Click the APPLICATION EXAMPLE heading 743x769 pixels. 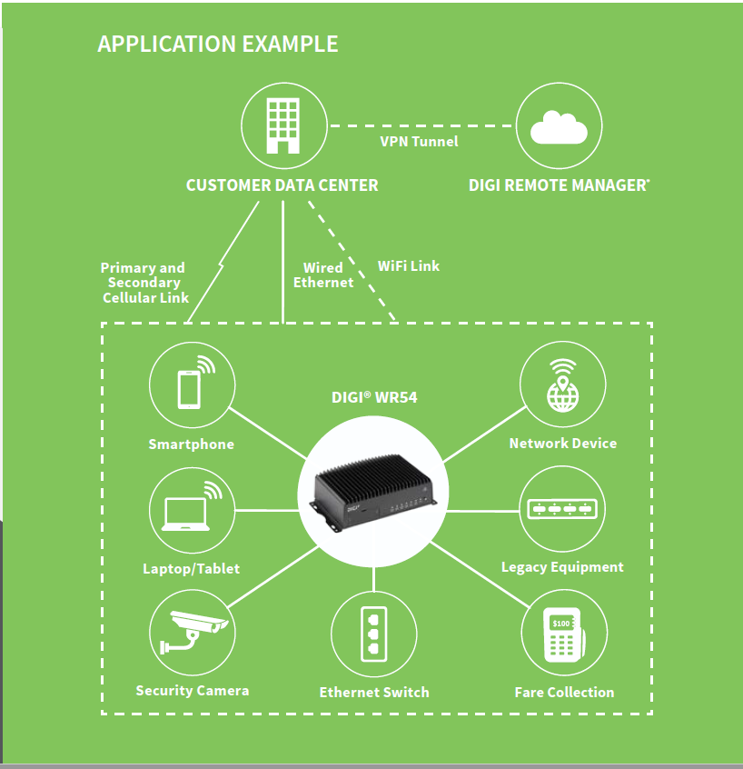tap(217, 44)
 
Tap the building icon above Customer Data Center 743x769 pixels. tap(282, 127)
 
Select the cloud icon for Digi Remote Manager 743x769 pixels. tap(559, 128)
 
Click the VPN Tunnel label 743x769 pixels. tap(419, 141)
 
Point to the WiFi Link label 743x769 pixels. tap(408, 265)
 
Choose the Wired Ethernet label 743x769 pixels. tap(322, 275)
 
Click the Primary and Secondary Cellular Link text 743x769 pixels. tap(144, 283)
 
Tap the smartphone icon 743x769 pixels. tap(191, 385)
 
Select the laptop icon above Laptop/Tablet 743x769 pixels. tap(191, 511)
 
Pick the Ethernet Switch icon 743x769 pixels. tap(373, 634)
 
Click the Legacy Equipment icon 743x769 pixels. tap(562, 509)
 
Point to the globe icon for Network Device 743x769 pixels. tap(562, 385)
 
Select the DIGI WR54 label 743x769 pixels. tap(374, 397)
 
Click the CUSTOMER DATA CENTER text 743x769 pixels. tap(282, 185)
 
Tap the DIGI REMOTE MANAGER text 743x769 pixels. tap(559, 185)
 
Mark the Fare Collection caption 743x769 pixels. tap(564, 693)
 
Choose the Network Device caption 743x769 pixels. tap(562, 444)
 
